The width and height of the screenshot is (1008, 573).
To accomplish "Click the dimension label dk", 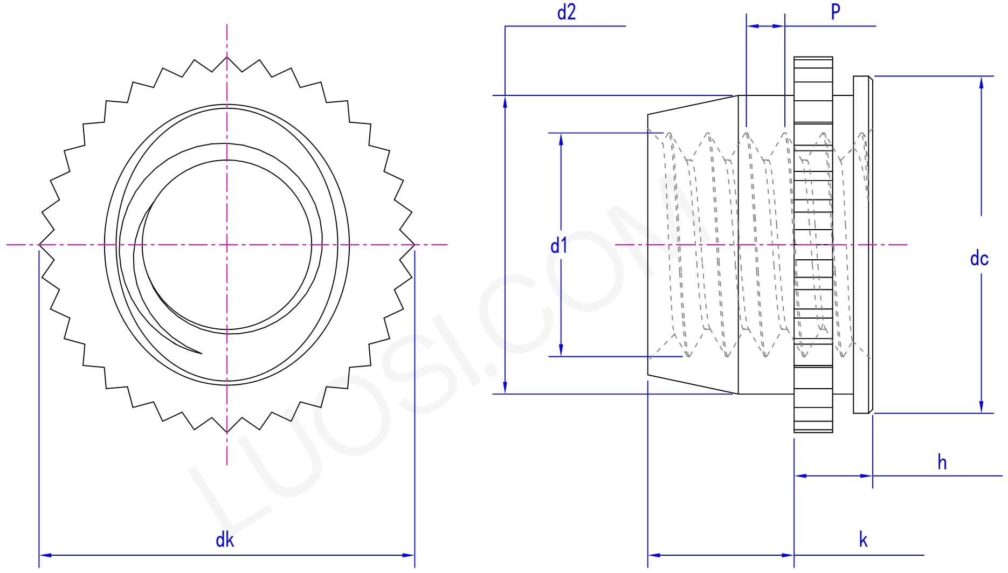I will [x=225, y=540].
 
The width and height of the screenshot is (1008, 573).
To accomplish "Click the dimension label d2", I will [x=566, y=12].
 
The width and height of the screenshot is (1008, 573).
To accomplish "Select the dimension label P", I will [x=835, y=11].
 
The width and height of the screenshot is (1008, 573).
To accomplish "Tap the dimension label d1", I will [x=559, y=246].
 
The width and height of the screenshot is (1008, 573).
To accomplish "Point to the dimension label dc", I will [x=979, y=259].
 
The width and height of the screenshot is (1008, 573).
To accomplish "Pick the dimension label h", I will [x=942, y=462].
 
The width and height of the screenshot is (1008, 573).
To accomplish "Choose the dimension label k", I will [x=863, y=540].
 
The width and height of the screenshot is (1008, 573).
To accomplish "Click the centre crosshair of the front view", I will [x=227, y=245].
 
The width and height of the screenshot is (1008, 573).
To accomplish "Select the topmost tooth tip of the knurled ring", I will [x=227, y=57].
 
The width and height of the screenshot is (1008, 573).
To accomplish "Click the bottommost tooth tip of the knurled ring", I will [x=227, y=433].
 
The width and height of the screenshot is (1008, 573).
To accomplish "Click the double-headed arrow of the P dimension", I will [x=765, y=26].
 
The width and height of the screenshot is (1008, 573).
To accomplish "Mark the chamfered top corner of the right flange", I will [x=871, y=78].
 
